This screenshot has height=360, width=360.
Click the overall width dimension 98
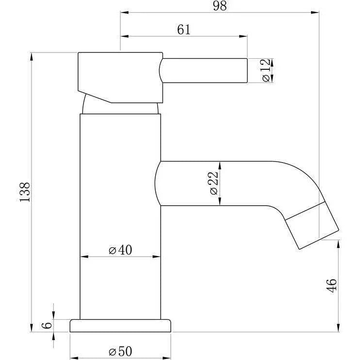tap(220, 6)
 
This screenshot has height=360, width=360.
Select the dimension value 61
tap(184, 30)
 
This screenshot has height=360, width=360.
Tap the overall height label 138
tap(25, 192)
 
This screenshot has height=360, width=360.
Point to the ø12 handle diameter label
tap(266, 70)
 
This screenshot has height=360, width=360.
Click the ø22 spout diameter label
tap(213, 183)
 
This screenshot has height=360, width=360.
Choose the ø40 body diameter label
tap(120, 250)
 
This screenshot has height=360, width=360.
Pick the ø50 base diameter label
tap(120, 351)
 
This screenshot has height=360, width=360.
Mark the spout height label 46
tap(332, 286)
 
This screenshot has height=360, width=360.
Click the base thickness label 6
tap(47, 325)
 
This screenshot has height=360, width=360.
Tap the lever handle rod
tap(203, 70)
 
